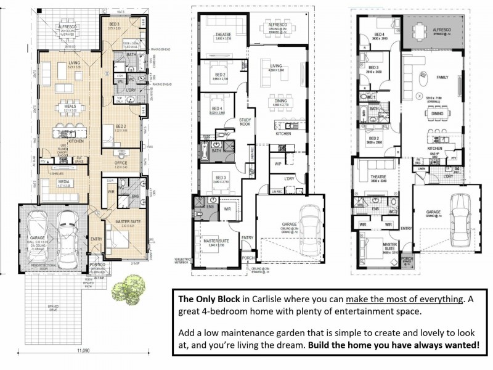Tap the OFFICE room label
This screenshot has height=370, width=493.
121,163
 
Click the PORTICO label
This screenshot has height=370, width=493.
99,265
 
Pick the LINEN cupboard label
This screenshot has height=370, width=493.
421,168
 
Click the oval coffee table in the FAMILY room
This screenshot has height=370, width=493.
423,76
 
